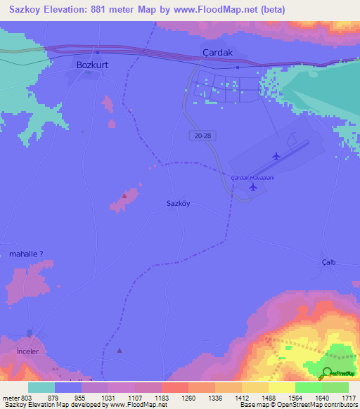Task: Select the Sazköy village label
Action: tap(179, 203)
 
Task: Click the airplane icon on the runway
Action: tap(276, 155)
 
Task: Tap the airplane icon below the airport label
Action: tap(252, 186)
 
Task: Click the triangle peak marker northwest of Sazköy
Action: tap(124, 196)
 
